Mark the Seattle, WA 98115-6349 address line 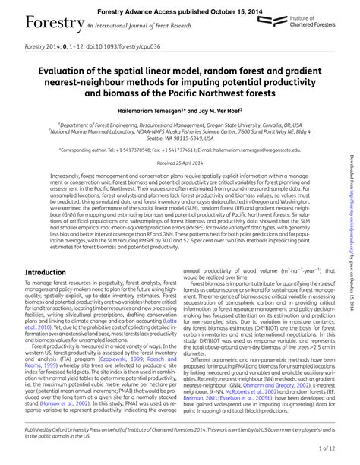coord(178,138)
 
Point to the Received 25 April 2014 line coord(178,164)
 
